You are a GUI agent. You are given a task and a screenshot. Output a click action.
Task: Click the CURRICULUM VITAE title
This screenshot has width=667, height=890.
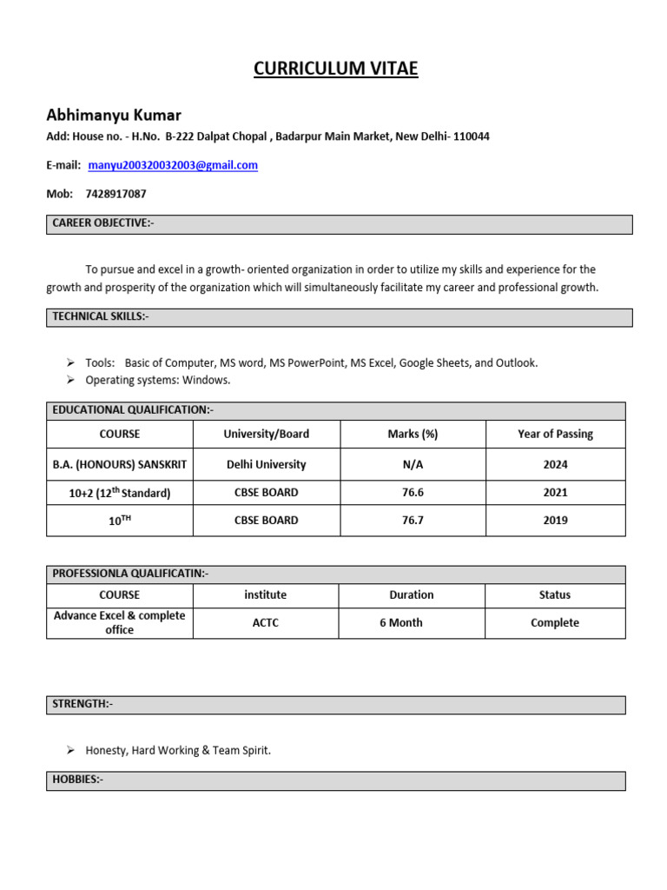point(335,70)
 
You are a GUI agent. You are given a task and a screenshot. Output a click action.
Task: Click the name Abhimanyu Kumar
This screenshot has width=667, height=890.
point(113,116)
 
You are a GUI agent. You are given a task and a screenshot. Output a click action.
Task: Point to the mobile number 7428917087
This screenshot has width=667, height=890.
point(116,194)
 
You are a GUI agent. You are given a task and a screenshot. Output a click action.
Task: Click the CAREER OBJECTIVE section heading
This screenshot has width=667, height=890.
point(102,224)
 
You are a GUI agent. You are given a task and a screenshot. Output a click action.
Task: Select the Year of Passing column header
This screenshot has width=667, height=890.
point(555,434)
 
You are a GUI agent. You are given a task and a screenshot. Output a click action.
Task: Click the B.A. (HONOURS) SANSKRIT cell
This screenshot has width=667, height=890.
point(120,465)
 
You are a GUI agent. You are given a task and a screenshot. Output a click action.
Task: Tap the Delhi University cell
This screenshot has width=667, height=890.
point(266,465)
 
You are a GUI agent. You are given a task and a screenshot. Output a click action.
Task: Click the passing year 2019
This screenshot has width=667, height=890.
point(555,521)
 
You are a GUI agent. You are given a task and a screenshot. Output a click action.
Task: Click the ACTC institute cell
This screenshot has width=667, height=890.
point(266,623)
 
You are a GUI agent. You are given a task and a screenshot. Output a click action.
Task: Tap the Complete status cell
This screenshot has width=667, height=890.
point(554,623)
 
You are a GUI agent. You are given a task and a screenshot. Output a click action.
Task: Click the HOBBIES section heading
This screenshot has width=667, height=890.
point(78,780)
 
